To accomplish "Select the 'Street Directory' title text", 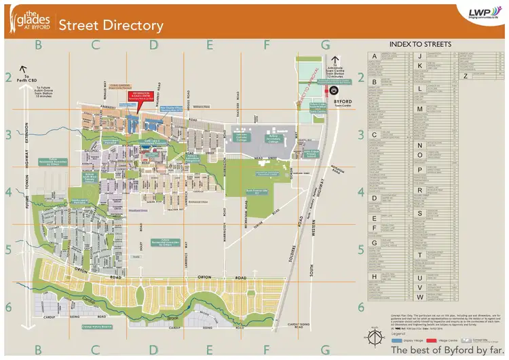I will pos(111,26).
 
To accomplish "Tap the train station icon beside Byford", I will pos(334,98).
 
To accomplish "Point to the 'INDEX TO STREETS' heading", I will pos(425,44).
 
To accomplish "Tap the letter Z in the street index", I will pos(466,75).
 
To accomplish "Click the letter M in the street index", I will pos(420,109).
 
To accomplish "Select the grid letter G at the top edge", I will pos(325,45).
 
